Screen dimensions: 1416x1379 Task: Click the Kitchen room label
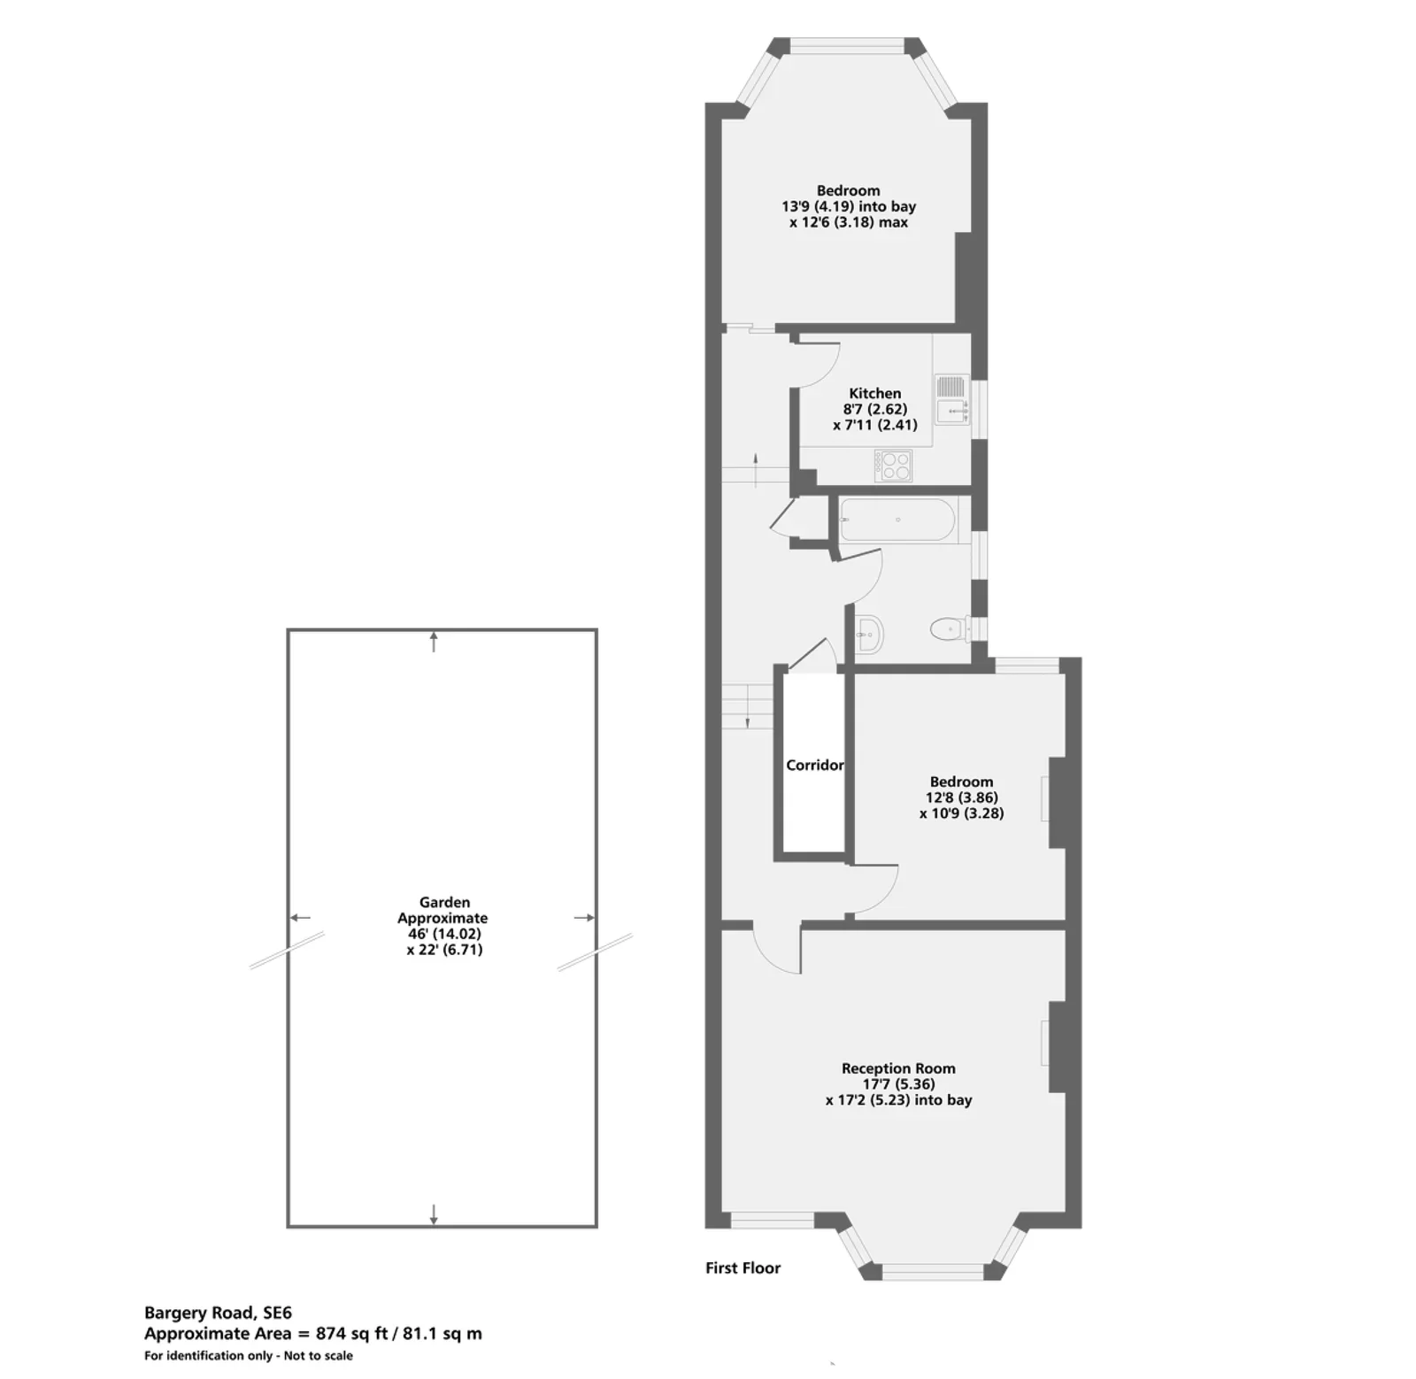tap(874, 393)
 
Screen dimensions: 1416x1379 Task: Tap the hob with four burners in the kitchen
tap(893, 466)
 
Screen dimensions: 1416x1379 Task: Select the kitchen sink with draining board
tap(951, 399)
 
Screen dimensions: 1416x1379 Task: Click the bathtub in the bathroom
tap(897, 520)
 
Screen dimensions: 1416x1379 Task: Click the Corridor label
tap(814, 765)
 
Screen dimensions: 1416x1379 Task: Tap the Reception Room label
tap(898, 1068)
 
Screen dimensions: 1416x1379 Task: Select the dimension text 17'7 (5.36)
tap(899, 1084)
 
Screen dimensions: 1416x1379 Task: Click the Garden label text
tap(444, 903)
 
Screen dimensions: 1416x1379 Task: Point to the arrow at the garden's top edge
tap(434, 642)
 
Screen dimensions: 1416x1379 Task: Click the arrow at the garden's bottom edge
tap(434, 1214)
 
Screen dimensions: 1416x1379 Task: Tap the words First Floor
tap(743, 1268)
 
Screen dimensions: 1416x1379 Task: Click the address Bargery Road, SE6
tap(218, 1314)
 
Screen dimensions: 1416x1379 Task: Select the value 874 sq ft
tap(351, 1334)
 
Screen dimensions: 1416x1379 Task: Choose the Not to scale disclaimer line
tap(249, 1356)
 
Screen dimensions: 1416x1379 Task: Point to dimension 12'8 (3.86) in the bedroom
tap(961, 797)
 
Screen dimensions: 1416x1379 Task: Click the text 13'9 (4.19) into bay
tap(848, 206)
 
